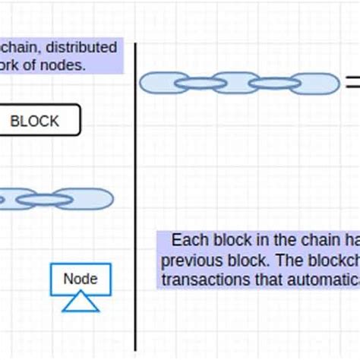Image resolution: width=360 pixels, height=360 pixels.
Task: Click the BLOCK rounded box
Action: tap(34, 121)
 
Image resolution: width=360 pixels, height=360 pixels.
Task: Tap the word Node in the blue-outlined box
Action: tap(81, 279)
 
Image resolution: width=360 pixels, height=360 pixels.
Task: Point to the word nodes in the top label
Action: tap(66, 65)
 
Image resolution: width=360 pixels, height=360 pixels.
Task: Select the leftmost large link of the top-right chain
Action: tap(163, 82)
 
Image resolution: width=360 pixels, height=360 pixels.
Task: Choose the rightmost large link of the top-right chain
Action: tap(314, 82)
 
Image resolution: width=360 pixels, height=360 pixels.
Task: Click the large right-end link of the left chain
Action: tap(86, 199)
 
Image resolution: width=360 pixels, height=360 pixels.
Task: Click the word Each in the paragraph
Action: tap(189, 241)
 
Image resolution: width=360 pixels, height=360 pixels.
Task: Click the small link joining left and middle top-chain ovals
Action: tap(200, 82)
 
